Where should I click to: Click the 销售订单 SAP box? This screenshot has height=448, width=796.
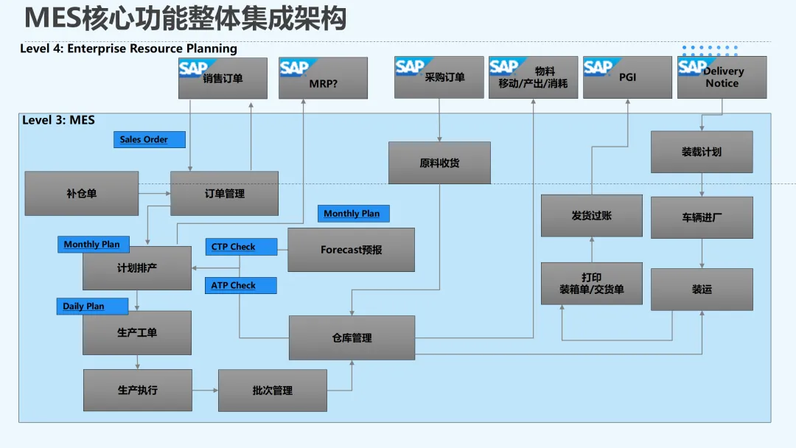(x=223, y=78)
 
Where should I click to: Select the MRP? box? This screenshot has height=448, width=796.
(x=323, y=78)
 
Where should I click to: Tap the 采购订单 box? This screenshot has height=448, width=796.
(x=439, y=77)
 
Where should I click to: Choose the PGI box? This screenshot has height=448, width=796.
(x=627, y=77)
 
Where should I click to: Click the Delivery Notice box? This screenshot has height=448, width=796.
(x=722, y=77)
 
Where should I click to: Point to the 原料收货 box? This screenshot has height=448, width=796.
(x=439, y=163)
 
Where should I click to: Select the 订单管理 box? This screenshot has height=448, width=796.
(x=224, y=194)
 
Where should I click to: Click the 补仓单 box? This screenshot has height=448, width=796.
(x=81, y=194)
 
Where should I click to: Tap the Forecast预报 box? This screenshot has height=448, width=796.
(x=351, y=250)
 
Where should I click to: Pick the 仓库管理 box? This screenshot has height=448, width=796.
(x=352, y=338)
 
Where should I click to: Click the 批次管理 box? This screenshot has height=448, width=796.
(x=272, y=391)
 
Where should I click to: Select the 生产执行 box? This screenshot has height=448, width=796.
(x=137, y=390)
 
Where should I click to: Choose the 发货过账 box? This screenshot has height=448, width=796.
(x=591, y=216)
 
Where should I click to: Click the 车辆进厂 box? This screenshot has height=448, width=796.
(x=702, y=217)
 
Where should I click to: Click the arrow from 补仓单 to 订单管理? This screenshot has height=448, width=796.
(x=154, y=194)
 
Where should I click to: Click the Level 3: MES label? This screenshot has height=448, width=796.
(x=58, y=120)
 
